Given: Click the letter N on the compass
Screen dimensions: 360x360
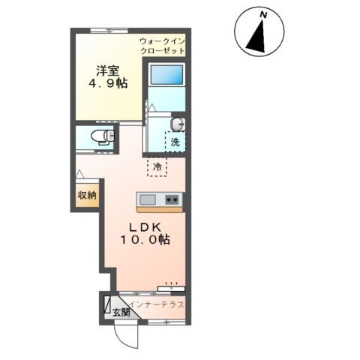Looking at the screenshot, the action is (263, 15).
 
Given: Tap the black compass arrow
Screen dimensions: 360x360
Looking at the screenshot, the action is (257, 37).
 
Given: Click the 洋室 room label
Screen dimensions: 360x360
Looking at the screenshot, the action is (108, 70).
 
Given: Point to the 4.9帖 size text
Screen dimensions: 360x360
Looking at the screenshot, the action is (108, 83).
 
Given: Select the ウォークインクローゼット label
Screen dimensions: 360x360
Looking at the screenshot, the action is (163, 46).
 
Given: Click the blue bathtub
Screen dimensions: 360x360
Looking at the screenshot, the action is (166, 74).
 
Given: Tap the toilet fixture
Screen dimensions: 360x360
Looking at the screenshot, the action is (103, 137).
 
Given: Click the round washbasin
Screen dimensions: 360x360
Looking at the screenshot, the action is (177, 124).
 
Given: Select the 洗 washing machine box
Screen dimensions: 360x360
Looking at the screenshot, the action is (175, 142).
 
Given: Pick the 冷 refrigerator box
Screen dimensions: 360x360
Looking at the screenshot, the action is (157, 166).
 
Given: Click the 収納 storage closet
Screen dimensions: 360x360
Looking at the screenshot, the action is (87, 195).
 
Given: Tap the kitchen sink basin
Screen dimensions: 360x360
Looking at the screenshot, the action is (148, 199).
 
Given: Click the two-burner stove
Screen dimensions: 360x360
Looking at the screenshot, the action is (172, 199).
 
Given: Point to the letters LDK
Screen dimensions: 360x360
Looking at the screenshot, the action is (145, 227).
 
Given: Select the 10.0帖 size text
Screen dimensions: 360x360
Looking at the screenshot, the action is (145, 240).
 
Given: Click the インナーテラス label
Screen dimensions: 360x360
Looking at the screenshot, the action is (157, 304).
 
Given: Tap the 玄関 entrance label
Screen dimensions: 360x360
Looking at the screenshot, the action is (121, 312).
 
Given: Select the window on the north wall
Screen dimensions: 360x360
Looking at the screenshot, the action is (109, 31).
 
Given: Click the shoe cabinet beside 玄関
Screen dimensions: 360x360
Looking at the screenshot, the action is (107, 304).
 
